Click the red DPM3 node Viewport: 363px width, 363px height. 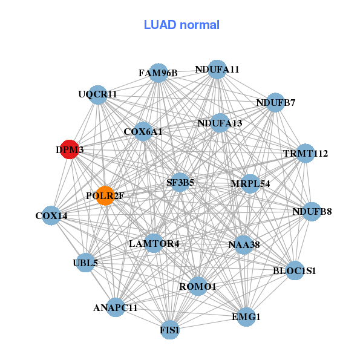coord(70,149)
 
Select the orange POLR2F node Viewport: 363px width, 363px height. coord(105,195)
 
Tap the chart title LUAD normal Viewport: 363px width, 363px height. coord(181,25)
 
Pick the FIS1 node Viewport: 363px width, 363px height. coord(170,330)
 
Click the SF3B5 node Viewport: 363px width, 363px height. coord(180,182)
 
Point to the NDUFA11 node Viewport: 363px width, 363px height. coord(217,70)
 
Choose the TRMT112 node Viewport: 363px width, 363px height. coord(306,153)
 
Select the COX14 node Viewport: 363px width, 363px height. coord(51,215)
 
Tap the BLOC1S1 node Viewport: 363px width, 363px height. coord(295,270)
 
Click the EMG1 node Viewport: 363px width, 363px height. coord(246,316)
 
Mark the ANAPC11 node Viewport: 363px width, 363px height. coord(116,307)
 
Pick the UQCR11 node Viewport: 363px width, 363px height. coord(98,95)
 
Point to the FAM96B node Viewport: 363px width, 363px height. coord(158,73)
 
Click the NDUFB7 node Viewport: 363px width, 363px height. coord(275,103)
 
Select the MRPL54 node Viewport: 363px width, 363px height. coord(250,184)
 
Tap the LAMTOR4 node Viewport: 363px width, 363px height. coord(154,243)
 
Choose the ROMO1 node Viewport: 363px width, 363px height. coord(198,286)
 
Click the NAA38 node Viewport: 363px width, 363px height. coord(244,244)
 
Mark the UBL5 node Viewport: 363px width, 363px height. coord(85,263)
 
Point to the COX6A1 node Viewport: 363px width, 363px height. coord(143,131)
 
